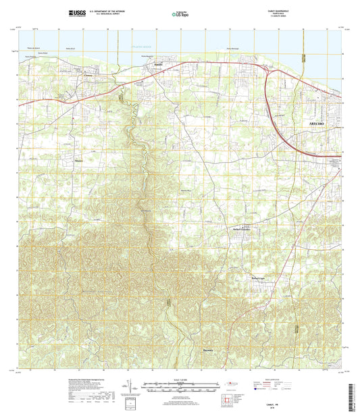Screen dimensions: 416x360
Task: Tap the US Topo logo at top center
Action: [180, 14]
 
